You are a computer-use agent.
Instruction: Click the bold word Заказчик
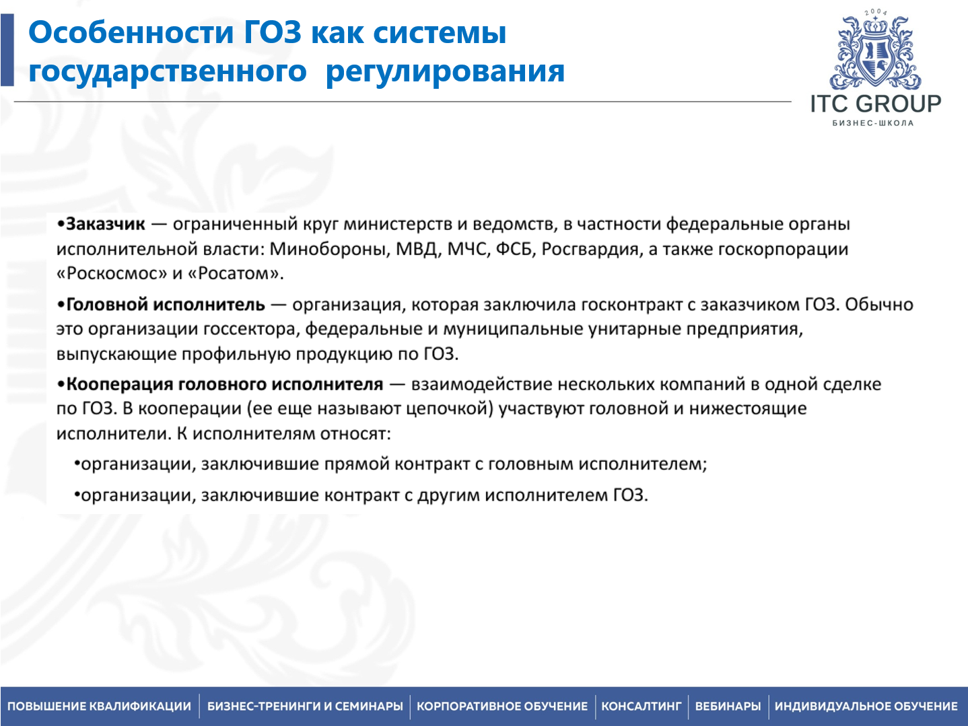(106, 224)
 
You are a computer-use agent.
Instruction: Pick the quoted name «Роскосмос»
(112, 274)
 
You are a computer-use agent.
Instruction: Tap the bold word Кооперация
(119, 384)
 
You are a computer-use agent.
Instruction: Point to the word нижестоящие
(747, 409)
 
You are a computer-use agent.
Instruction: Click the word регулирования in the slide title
(445, 71)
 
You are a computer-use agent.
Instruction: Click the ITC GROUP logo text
(875, 104)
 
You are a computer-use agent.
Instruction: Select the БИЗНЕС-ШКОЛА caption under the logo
(873, 123)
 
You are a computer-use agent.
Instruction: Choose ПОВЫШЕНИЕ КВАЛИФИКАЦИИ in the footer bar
(100, 706)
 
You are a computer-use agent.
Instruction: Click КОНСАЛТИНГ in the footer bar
(641, 706)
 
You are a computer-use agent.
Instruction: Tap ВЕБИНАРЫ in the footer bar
(728, 706)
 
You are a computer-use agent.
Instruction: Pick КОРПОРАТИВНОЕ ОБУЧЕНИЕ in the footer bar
(502, 706)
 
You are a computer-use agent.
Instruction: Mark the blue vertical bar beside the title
(7, 50)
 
